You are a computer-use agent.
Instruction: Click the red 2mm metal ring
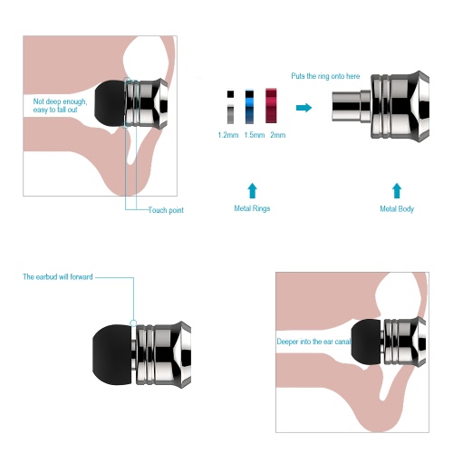click(271, 106)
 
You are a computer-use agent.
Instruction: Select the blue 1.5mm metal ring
click(249, 107)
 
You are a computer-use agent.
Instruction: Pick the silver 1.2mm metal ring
click(230, 107)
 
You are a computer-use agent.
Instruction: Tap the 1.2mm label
click(228, 135)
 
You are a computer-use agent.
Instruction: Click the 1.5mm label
click(255, 135)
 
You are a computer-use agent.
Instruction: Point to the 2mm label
click(278, 135)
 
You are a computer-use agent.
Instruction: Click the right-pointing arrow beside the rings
click(304, 108)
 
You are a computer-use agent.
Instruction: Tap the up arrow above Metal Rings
click(252, 190)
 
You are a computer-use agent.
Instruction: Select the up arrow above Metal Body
click(397, 190)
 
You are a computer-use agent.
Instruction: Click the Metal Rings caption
click(252, 208)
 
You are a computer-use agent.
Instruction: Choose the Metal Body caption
click(397, 208)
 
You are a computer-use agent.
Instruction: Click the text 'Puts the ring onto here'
click(325, 76)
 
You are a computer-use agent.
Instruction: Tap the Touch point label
click(166, 210)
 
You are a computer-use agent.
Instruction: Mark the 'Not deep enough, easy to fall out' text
click(60, 105)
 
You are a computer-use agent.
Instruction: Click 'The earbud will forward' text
click(58, 277)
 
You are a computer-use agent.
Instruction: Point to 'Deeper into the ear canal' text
click(313, 342)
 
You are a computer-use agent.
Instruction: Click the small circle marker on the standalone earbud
click(133, 323)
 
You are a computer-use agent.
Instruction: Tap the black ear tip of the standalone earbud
click(112, 355)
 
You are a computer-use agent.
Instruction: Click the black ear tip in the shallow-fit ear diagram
click(110, 103)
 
